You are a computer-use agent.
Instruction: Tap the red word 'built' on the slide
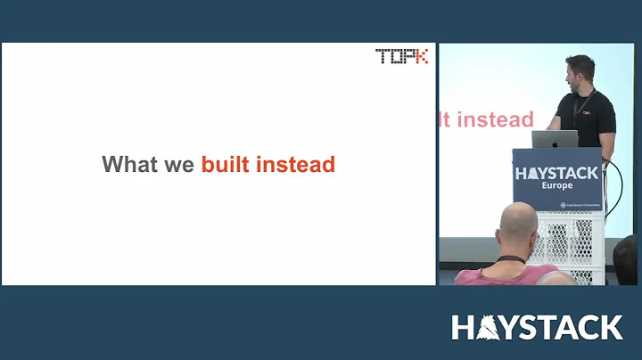(226, 165)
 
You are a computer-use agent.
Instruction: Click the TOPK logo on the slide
(401, 56)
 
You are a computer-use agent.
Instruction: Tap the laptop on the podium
(556, 140)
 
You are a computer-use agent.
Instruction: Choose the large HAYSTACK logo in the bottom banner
(537, 327)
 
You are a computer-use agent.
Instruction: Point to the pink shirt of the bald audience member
(481, 274)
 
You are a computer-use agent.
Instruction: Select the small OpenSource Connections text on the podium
(580, 204)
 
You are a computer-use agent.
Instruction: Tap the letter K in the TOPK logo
(420, 56)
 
